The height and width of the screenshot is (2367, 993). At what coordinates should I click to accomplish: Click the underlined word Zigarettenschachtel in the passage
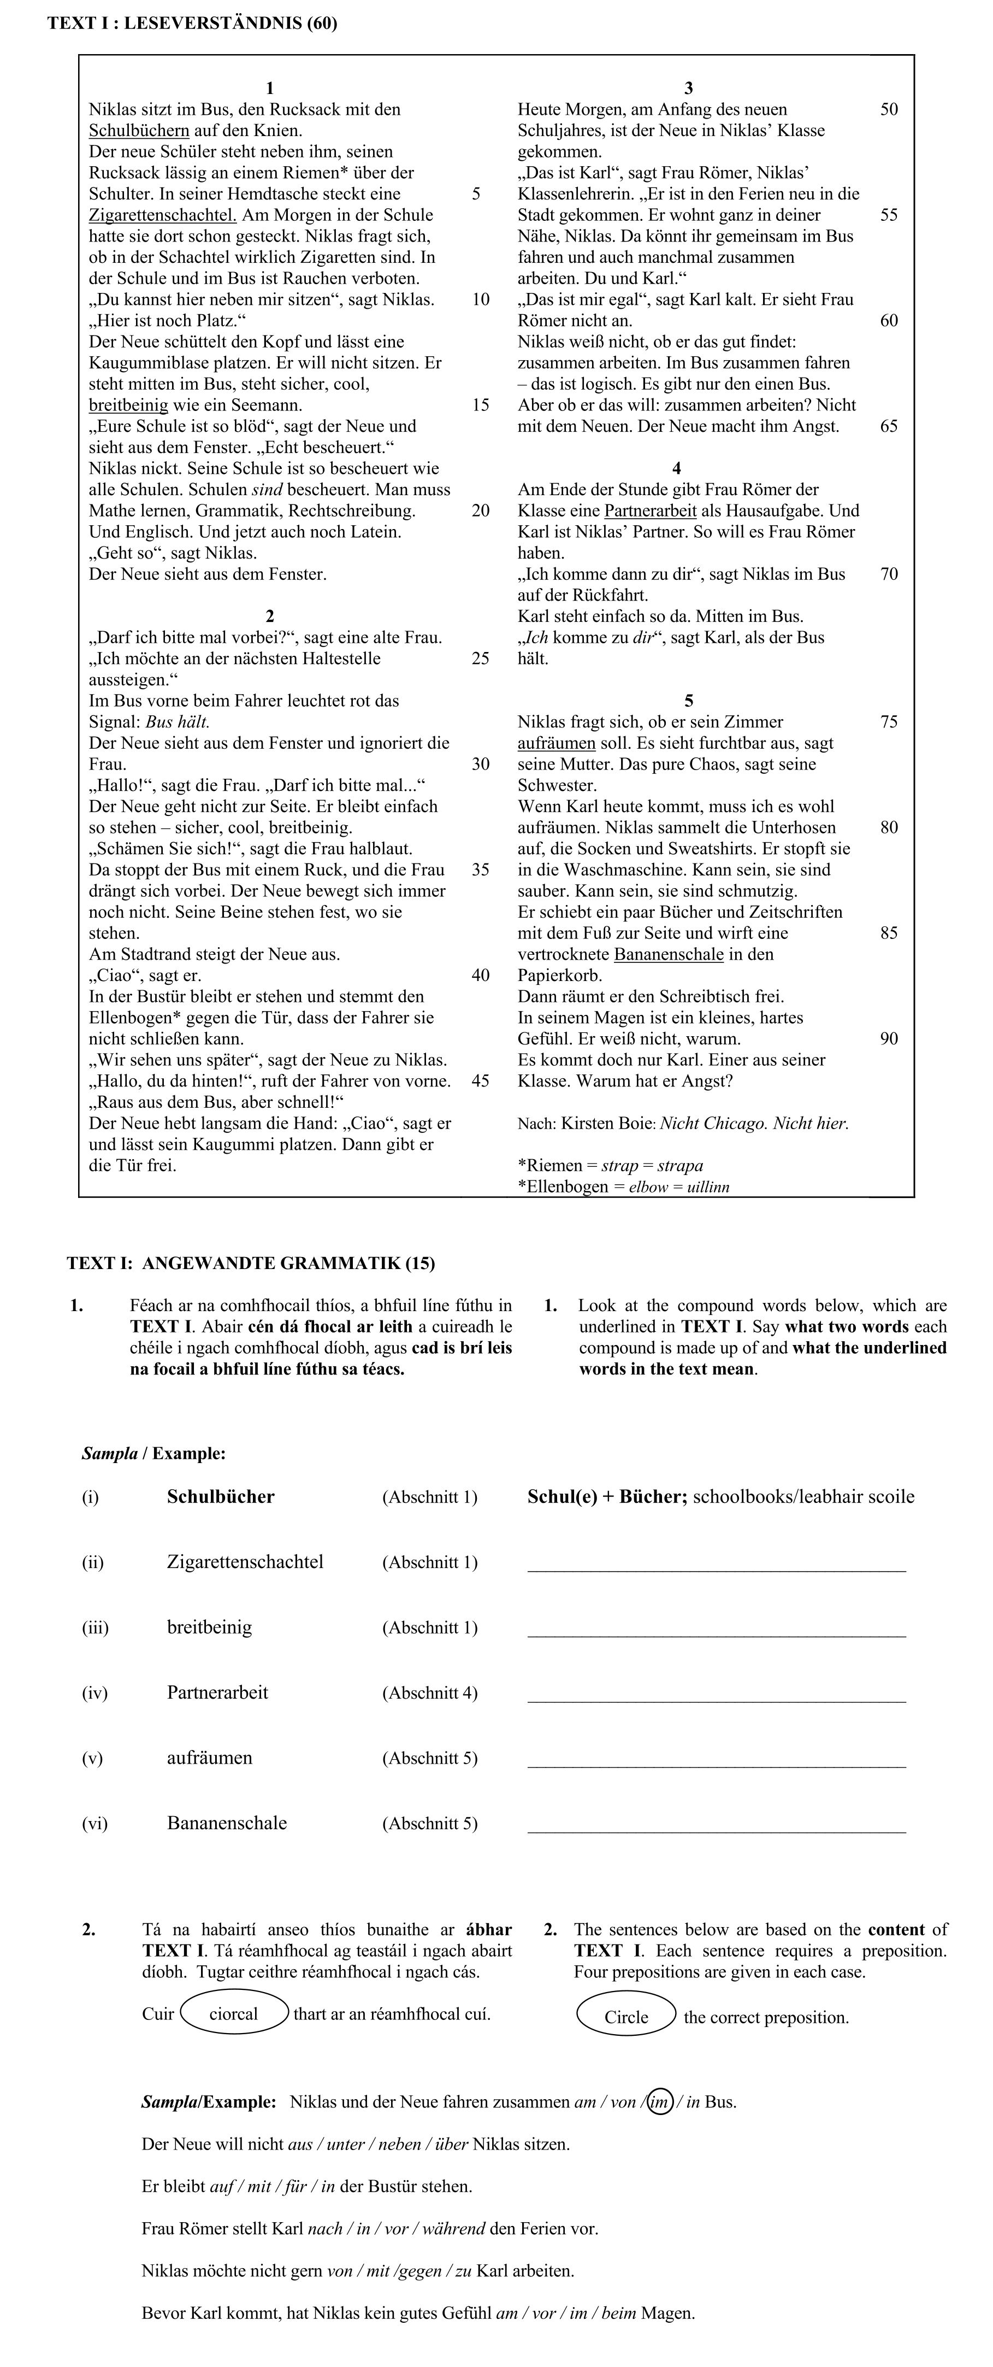(162, 215)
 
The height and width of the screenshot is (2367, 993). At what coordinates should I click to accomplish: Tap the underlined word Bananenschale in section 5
(669, 954)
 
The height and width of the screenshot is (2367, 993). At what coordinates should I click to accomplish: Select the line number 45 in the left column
(481, 1080)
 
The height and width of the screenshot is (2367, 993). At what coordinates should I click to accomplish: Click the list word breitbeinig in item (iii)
(209, 1628)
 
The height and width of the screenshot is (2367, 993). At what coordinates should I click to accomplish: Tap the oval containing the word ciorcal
(234, 2014)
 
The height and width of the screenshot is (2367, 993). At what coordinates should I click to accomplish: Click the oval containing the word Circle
(626, 2017)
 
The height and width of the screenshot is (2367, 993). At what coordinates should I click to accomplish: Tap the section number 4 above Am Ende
(677, 468)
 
